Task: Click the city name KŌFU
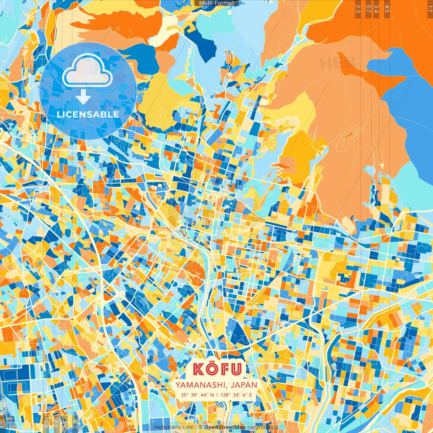(218, 369)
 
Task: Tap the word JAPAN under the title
(244, 385)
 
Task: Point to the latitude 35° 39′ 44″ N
(197, 395)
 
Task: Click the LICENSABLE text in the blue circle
(88, 114)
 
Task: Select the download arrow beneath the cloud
(83, 97)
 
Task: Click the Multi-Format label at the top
(216, 3)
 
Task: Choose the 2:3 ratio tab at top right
(358, 9)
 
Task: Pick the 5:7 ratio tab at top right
(368, 9)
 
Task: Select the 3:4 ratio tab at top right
(376, 9)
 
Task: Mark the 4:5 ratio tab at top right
(387, 9)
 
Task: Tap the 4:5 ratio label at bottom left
(46, 424)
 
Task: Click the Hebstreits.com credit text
(174, 427)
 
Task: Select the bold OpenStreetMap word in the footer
(225, 427)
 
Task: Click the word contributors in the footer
(263, 427)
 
